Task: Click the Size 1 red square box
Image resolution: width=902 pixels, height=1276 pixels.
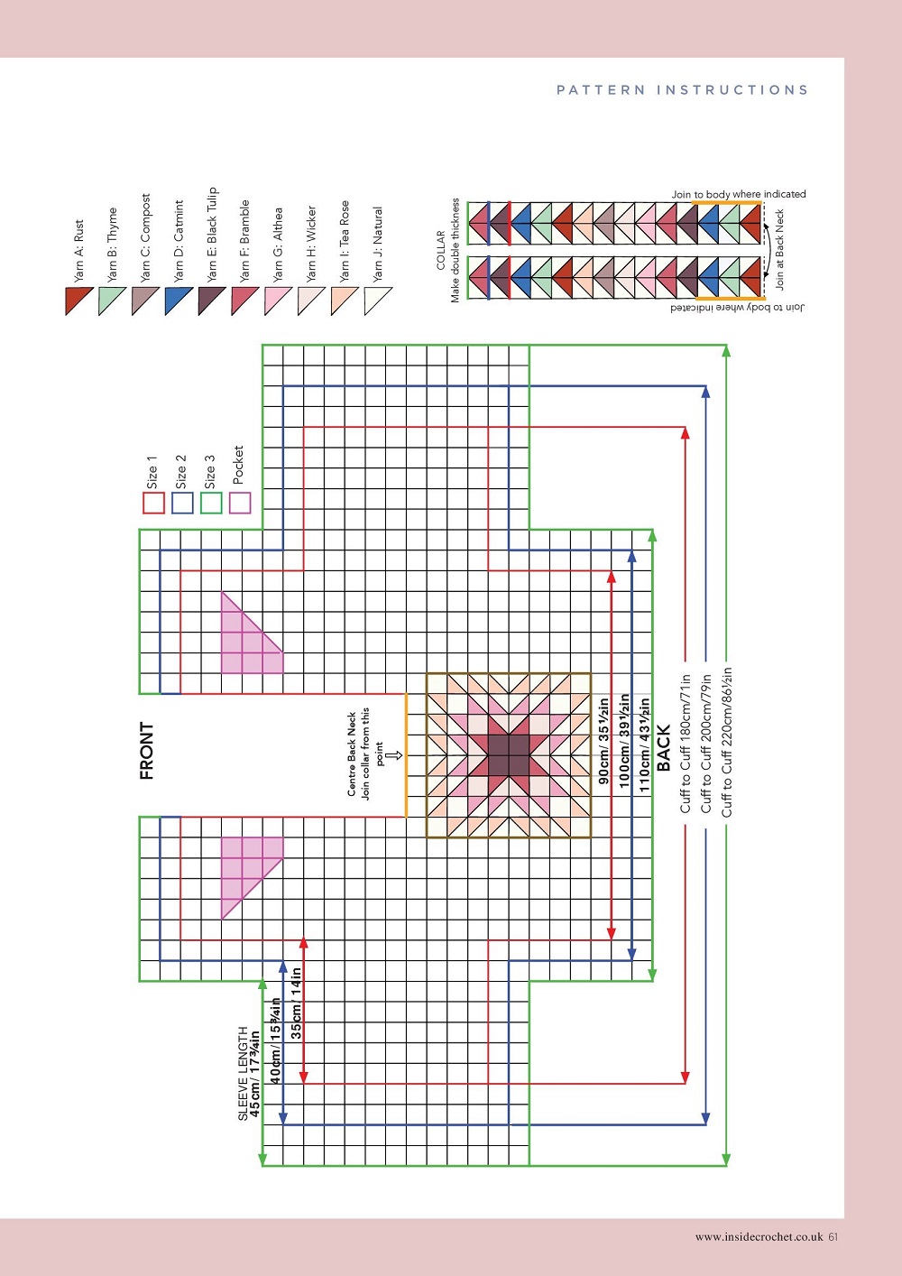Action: [x=153, y=503]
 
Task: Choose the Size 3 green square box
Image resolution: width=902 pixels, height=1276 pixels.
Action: [x=211, y=503]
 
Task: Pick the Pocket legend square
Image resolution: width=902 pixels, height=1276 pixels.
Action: [x=240, y=503]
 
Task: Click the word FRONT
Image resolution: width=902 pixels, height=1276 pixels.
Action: [x=147, y=751]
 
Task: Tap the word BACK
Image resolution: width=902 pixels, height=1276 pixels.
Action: [x=664, y=748]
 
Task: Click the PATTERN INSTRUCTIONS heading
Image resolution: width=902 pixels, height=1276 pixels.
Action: [x=682, y=90]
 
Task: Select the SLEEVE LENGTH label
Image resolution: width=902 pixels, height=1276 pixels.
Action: [x=243, y=1074]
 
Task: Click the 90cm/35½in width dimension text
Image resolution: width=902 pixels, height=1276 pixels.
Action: [x=603, y=740]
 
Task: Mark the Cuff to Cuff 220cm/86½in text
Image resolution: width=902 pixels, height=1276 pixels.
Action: [x=727, y=742]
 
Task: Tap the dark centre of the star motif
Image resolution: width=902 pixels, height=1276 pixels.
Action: [x=509, y=755]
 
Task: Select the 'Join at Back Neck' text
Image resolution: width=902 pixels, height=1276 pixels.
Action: [x=780, y=249]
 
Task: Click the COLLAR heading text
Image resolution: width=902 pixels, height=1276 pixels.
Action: [x=441, y=250]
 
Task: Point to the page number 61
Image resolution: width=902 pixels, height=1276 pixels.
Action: [x=833, y=1236]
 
